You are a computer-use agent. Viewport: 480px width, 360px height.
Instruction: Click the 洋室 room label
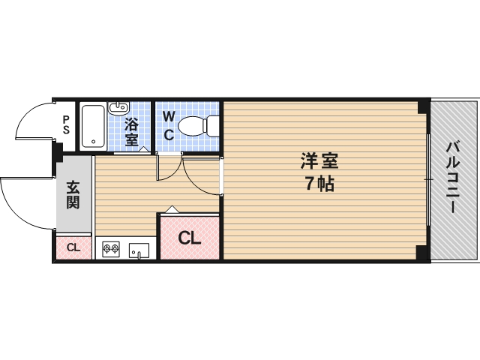(x=319, y=160)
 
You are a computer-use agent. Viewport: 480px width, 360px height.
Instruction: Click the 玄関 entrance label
(x=73, y=195)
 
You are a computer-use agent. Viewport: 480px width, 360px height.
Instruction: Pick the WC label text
(x=169, y=126)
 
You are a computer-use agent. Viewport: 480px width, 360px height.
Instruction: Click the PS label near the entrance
(x=66, y=124)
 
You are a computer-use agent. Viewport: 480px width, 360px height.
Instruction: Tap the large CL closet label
(x=189, y=238)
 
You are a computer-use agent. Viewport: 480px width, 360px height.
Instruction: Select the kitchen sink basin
(x=139, y=250)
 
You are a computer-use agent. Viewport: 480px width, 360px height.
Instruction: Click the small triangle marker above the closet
(x=171, y=209)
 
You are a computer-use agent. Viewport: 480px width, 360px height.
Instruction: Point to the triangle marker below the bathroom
(x=144, y=150)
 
